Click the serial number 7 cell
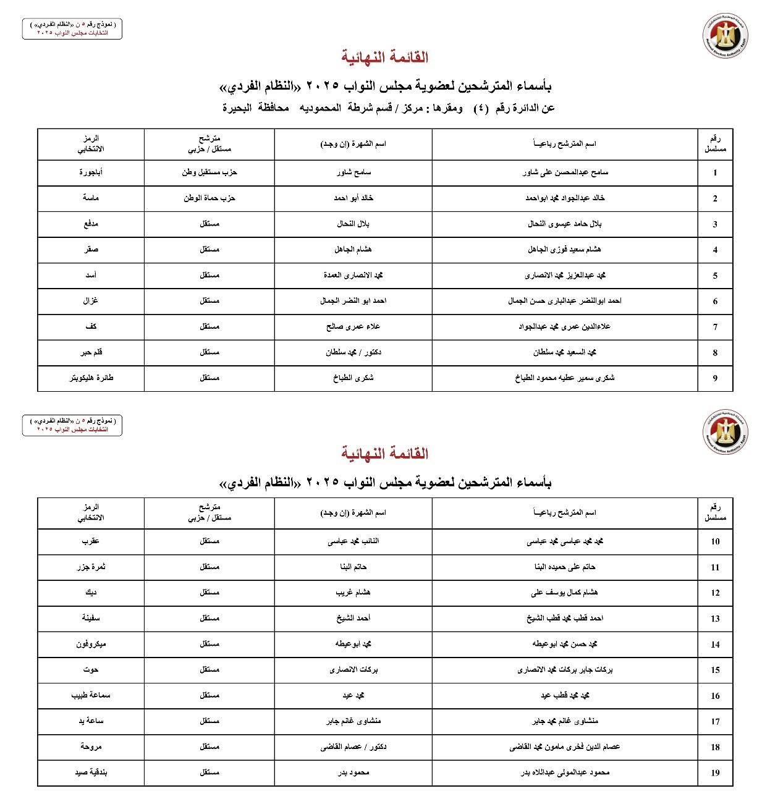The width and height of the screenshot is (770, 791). tap(715, 328)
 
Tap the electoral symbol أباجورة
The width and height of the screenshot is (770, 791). tap(91, 172)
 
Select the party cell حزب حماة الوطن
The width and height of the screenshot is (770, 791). tap(209, 198)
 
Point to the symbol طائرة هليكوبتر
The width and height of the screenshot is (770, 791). tap(91, 378)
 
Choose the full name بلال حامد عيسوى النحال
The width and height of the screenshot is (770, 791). tap(565, 224)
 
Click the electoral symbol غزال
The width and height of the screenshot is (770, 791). tap(91, 301)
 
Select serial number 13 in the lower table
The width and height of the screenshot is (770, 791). tap(715, 619)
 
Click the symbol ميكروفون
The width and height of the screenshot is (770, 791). tap(91, 644)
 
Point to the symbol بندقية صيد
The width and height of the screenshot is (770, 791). tap(91, 772)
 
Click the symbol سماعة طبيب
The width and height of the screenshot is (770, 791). tap(91, 695)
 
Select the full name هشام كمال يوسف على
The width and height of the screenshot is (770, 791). tap(565, 593)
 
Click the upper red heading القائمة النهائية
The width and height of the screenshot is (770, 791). tap(385, 57)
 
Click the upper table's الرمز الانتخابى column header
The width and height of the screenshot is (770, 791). tap(91, 145)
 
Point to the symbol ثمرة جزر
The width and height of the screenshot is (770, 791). tap(91, 567)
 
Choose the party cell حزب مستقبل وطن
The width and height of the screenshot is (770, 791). tap(209, 172)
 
